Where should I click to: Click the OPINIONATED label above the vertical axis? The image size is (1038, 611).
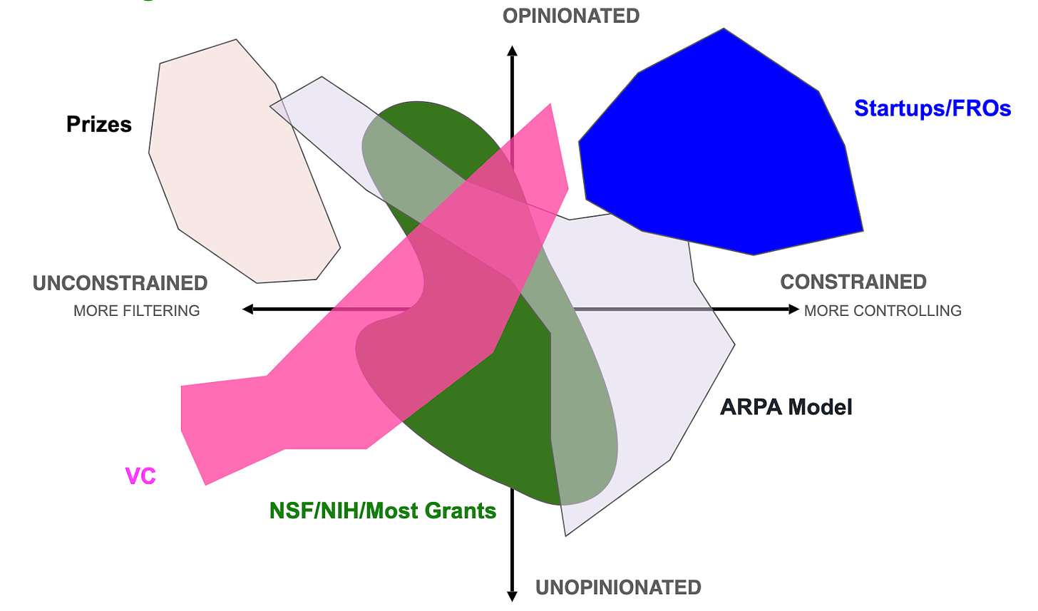pyautogui.click(x=571, y=16)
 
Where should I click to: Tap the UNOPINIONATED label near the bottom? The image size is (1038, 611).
pyautogui.click(x=618, y=587)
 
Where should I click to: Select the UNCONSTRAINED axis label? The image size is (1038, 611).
pyautogui.click(x=120, y=283)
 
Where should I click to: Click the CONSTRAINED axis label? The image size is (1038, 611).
pyautogui.click(x=853, y=282)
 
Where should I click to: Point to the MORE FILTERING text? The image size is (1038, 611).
pyautogui.click(x=136, y=311)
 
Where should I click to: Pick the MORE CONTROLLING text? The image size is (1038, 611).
pyautogui.click(x=883, y=311)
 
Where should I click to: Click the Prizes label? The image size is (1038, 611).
pyautogui.click(x=99, y=124)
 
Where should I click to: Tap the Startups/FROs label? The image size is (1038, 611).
pyautogui.click(x=932, y=108)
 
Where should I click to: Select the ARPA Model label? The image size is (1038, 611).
pyautogui.click(x=786, y=407)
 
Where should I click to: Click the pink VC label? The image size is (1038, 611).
pyautogui.click(x=140, y=476)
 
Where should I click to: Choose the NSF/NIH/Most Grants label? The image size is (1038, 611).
pyautogui.click(x=383, y=510)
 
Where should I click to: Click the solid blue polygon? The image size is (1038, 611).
pyautogui.click(x=720, y=143)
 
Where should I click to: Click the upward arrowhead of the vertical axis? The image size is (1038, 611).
pyautogui.click(x=512, y=51)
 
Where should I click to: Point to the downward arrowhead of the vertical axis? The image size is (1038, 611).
pyautogui.click(x=512, y=596)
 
